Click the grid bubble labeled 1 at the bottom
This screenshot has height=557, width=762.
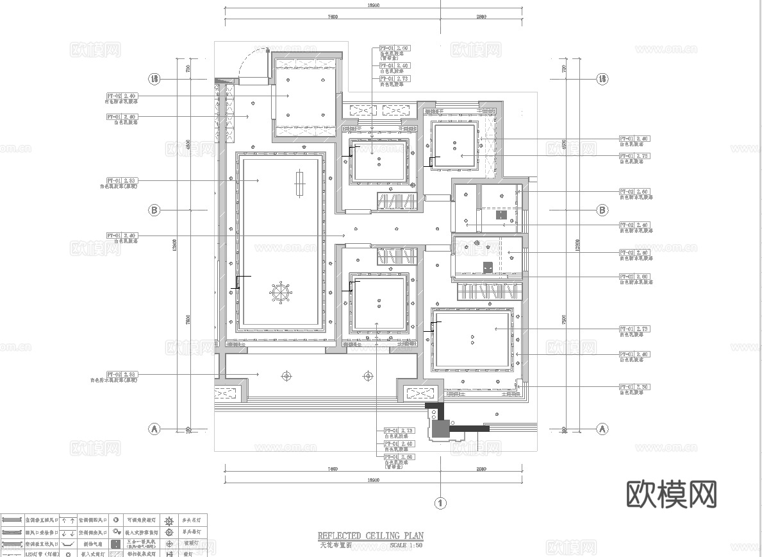tap(440, 504)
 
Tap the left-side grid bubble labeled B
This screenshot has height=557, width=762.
tap(154, 210)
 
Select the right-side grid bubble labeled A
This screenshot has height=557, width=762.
tap(602, 429)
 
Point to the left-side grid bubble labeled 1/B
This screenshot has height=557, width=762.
tap(154, 80)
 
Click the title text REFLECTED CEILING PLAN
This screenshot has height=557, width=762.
tap(370, 535)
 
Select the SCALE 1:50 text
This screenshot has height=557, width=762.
tap(406, 546)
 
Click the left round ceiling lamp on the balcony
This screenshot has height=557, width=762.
tap(286, 375)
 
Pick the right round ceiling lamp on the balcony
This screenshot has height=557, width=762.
tap(368, 375)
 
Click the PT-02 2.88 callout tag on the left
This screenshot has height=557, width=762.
tap(122, 374)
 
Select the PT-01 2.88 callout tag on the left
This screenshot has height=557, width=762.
tap(122, 181)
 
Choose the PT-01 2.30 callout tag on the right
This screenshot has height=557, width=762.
tap(634, 387)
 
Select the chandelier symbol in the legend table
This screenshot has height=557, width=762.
tap(170, 520)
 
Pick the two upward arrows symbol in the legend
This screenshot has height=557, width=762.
tap(69, 520)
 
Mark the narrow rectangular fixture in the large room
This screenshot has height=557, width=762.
tap(299, 184)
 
